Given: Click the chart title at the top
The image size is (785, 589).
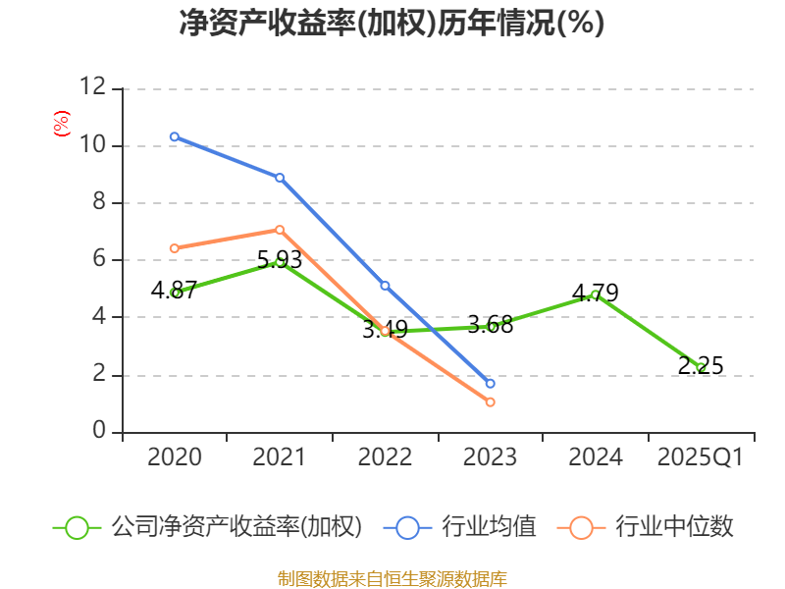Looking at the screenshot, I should pyautogui.click(x=392, y=24).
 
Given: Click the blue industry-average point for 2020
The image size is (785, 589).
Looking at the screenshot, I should pyautogui.click(x=175, y=136).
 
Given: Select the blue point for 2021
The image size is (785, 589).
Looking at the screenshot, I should pyautogui.click(x=280, y=178).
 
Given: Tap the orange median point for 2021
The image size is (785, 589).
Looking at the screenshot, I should pyautogui.click(x=280, y=230).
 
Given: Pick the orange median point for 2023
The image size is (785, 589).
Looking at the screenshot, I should pyautogui.click(x=490, y=402).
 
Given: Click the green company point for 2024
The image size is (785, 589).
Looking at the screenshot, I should pyautogui.click(x=595, y=294).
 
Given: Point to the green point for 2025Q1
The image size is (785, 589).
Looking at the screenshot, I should pyautogui.click(x=701, y=368).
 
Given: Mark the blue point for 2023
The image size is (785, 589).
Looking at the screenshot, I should pyautogui.click(x=490, y=383).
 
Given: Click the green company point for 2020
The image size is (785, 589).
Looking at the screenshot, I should pyautogui.click(x=175, y=293).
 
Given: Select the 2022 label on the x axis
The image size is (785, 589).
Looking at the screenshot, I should pyautogui.click(x=385, y=457).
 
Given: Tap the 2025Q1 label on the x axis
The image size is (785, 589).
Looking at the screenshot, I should pyautogui.click(x=701, y=457).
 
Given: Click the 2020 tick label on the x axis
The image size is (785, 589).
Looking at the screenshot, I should pyautogui.click(x=175, y=457).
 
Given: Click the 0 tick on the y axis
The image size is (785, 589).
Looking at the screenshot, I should pyautogui.click(x=99, y=432).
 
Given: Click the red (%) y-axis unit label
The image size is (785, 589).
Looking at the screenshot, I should pyautogui.click(x=61, y=125).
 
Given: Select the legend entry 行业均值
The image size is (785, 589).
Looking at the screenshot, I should pyautogui.click(x=466, y=527).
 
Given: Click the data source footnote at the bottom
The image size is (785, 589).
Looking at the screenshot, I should pyautogui.click(x=392, y=578).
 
